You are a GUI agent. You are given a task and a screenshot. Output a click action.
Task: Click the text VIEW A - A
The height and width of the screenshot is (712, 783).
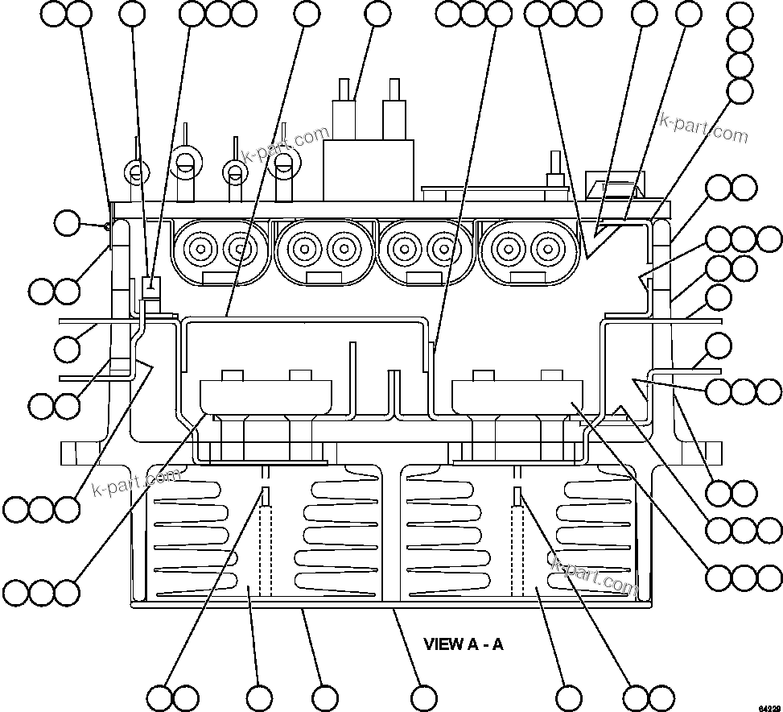pyautogui.click(x=463, y=644)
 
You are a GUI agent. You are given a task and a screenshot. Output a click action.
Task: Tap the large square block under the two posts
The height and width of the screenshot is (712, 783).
pyautogui.click(x=368, y=170)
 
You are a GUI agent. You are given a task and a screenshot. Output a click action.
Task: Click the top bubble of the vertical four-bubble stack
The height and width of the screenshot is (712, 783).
pyautogui.click(x=740, y=14)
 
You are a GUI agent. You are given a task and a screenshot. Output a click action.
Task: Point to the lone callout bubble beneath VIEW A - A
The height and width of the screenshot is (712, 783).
pyautogui.click(x=423, y=698)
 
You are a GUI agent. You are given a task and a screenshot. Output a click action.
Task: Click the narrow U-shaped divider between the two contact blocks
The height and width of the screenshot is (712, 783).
pyautogui.click(x=393, y=395)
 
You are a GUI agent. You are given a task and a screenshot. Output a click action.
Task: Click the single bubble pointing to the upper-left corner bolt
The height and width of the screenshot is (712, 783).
pyautogui.click(x=68, y=223)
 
